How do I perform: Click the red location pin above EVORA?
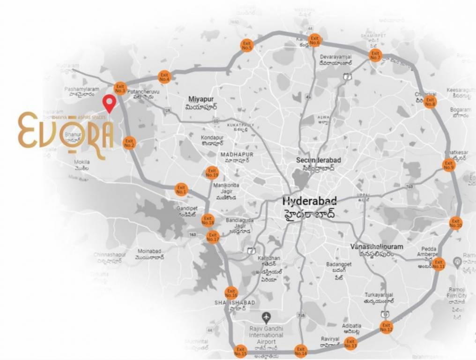click(110, 103)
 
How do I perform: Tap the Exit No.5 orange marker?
click(247, 45)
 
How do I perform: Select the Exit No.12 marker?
click(386, 327)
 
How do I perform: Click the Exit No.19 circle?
click(212, 173)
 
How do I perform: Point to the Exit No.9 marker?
click(449, 165)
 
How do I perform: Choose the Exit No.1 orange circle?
click(181, 190)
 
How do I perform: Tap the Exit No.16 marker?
click(231, 293)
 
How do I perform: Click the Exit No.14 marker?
click(300, 351)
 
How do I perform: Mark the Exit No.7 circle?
click(375, 55)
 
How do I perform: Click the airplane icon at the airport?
click(267, 317)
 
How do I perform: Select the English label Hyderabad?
click(310, 201)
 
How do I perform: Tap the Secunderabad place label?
click(319, 160)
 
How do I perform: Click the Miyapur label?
click(201, 99)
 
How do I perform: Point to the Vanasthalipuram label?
click(377, 247)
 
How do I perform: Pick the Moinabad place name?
click(149, 251)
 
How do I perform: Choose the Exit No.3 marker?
click(120, 88)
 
